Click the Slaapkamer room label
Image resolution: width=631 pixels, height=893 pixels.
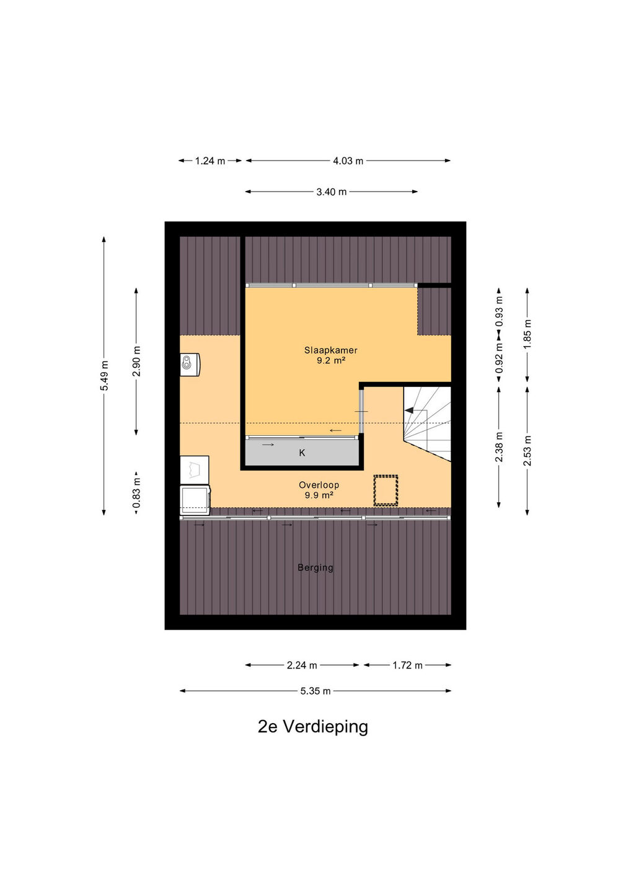click(330, 350)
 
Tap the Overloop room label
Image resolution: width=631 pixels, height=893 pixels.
click(319, 485)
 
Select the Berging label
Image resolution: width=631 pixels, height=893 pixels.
click(315, 567)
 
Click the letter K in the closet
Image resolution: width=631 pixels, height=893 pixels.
click(302, 453)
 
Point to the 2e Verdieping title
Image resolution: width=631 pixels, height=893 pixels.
click(313, 726)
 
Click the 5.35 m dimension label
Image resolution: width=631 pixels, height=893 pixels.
click(315, 691)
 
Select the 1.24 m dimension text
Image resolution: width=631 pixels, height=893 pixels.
click(210, 161)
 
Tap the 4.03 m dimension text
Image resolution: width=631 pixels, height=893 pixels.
click(348, 161)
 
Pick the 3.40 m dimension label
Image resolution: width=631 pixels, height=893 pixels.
click(332, 192)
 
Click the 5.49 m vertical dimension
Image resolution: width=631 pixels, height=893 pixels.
click(104, 376)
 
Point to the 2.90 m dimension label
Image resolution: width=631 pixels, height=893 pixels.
click(136, 361)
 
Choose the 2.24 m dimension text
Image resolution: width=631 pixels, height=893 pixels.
click(302, 665)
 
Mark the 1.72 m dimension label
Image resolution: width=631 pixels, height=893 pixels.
click(407, 665)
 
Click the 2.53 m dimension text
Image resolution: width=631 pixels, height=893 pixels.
click(527, 450)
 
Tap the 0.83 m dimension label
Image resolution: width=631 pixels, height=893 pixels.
click(136, 493)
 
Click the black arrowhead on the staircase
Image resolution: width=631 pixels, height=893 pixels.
click(409, 411)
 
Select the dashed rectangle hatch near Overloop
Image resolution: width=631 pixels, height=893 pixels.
click(386, 491)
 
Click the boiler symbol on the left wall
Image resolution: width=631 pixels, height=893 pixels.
click(190, 365)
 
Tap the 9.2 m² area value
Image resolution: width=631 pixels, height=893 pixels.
click(330, 361)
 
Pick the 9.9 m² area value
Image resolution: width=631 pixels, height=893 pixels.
click(319, 495)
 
